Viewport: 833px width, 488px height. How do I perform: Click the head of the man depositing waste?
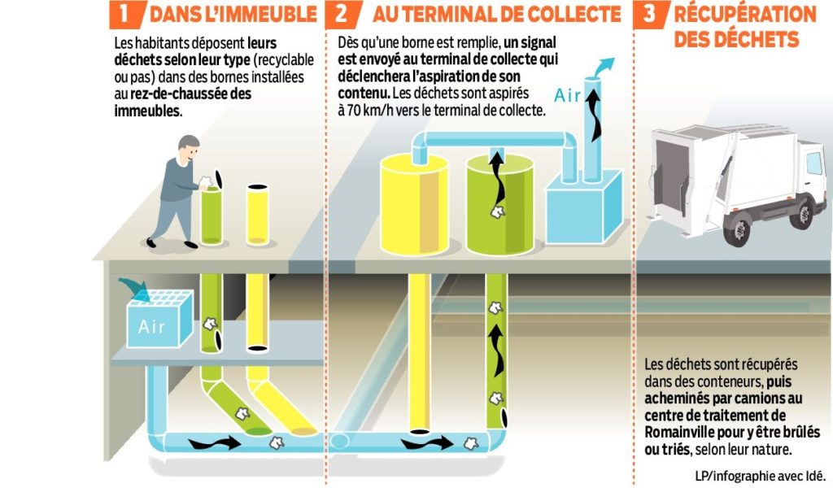[188, 147]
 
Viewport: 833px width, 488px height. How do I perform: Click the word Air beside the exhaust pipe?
[568, 95]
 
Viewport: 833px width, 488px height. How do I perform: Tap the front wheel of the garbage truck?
[738, 229]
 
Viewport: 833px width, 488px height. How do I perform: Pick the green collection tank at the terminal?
[499, 203]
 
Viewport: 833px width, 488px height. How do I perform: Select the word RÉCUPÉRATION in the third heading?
[745, 15]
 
